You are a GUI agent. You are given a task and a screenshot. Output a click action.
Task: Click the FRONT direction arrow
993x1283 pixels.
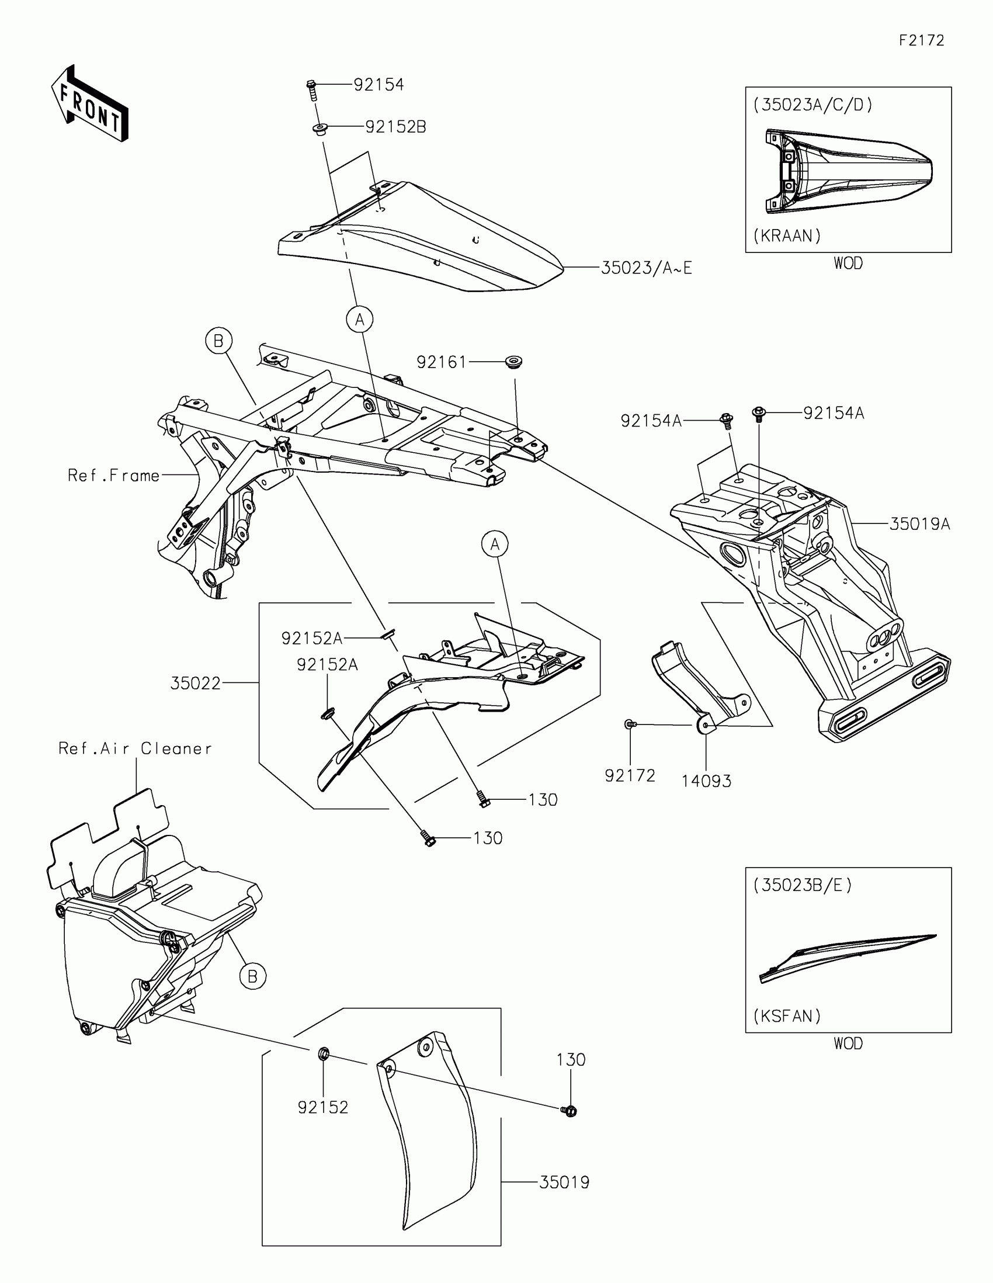[x=89, y=105]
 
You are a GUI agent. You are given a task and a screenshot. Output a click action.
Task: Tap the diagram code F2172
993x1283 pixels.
[x=921, y=40]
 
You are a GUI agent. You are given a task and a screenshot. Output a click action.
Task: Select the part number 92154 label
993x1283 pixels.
[x=379, y=85]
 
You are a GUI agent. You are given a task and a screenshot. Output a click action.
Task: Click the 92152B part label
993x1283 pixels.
[x=395, y=127]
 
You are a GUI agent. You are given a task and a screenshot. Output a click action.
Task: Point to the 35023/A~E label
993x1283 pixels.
[x=646, y=269]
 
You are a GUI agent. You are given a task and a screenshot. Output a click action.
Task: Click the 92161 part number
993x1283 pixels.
[x=441, y=362]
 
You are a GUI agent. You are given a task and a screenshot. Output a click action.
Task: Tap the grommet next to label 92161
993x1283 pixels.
[x=514, y=360]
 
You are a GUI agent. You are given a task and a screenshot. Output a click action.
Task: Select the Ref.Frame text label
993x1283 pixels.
[x=113, y=475]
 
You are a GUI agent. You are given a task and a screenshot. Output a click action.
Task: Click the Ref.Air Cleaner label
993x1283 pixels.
[x=134, y=748]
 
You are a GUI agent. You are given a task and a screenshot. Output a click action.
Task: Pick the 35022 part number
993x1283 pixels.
[x=196, y=683]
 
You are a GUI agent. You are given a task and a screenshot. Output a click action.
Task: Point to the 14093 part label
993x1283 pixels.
[x=706, y=781]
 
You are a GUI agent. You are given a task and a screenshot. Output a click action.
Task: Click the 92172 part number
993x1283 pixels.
[x=630, y=776]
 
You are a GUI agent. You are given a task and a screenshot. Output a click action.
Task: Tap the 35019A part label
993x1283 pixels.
[x=919, y=524]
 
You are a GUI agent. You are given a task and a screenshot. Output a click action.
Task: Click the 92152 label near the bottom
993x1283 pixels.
[x=323, y=1107]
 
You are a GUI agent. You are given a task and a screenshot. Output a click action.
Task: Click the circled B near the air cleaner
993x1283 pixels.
[x=252, y=976]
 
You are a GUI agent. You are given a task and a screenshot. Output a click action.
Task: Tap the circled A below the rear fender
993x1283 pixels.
[x=359, y=320]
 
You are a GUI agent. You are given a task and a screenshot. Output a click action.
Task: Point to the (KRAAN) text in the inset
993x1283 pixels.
[x=787, y=236]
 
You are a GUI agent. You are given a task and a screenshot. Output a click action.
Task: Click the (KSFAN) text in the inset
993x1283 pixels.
[x=787, y=1017]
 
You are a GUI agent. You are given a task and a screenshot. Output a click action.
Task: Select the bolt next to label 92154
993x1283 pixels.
[x=312, y=90]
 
